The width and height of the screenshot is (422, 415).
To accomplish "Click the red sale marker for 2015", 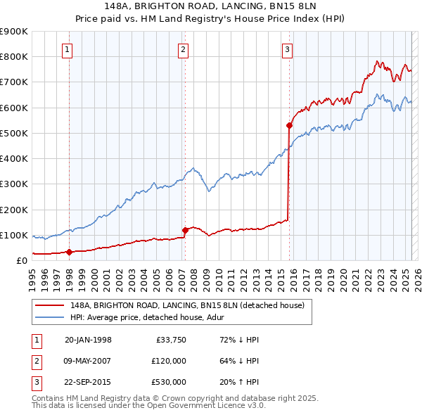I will pyautogui.click(x=289, y=125).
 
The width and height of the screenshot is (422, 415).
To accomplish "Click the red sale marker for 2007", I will pyautogui.click(x=185, y=229).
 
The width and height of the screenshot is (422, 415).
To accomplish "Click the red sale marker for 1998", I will pyautogui.click(x=70, y=252).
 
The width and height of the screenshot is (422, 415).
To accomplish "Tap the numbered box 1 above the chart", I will pyautogui.click(x=67, y=49).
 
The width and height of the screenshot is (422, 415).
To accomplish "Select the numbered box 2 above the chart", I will pyautogui.click(x=182, y=49).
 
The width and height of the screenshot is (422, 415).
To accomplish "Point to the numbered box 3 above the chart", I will pyautogui.click(x=288, y=49).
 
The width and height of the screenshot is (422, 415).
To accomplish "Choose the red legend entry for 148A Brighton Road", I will pyautogui.click(x=186, y=305).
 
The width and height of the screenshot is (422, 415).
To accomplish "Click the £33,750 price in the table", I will pyautogui.click(x=170, y=340).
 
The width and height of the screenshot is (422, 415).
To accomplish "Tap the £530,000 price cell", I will pyautogui.click(x=169, y=382).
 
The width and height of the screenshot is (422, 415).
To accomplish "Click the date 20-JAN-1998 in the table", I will pyautogui.click(x=88, y=340).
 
